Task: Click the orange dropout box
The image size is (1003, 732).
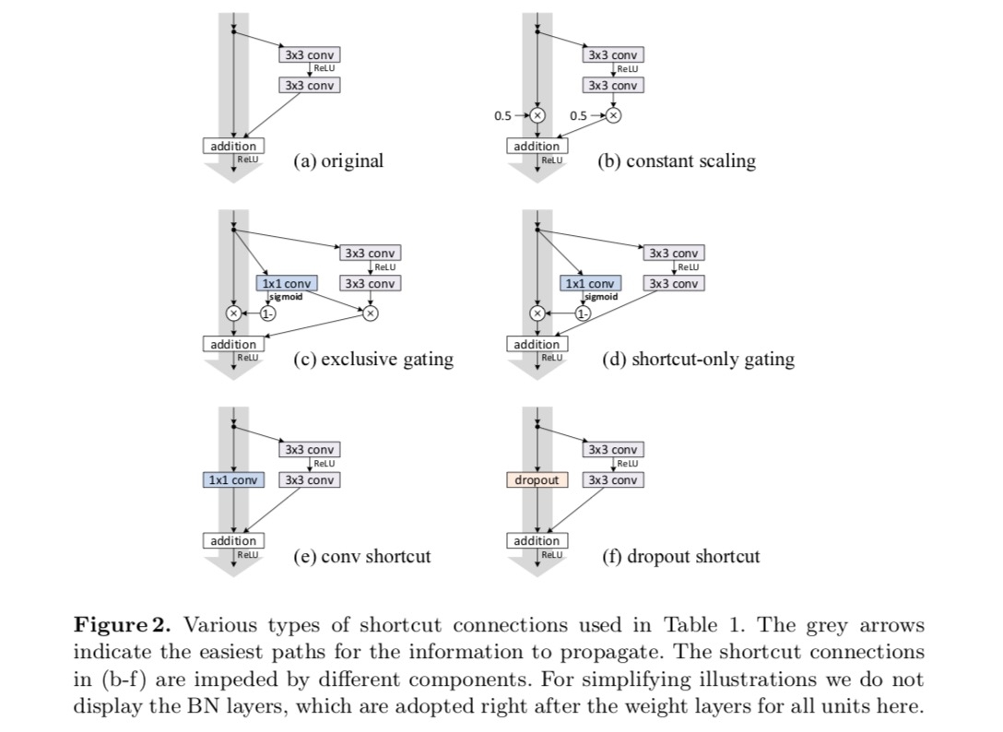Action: [535, 480]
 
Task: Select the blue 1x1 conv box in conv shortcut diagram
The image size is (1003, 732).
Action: [233, 480]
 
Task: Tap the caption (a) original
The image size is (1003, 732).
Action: [338, 161]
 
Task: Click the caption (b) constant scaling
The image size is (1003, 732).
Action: [677, 161]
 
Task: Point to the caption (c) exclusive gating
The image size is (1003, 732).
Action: [373, 360]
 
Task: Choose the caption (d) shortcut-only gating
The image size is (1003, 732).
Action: [698, 360]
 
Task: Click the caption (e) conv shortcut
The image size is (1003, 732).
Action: [361, 557]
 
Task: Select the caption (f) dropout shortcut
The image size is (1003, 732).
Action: [681, 557]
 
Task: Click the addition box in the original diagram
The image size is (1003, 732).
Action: [233, 146]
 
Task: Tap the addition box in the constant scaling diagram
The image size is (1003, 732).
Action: [537, 146]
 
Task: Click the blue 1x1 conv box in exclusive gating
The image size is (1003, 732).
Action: [286, 284]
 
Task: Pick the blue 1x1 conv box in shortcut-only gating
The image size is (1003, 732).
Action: [589, 284]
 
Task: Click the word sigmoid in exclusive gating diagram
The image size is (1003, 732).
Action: [286, 297]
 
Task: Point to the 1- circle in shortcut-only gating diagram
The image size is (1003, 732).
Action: [582, 313]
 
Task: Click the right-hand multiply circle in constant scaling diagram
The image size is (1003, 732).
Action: [614, 115]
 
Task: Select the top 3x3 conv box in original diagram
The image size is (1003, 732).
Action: [309, 54]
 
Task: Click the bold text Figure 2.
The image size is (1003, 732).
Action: [123, 625]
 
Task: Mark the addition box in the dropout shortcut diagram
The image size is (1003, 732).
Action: [537, 540]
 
